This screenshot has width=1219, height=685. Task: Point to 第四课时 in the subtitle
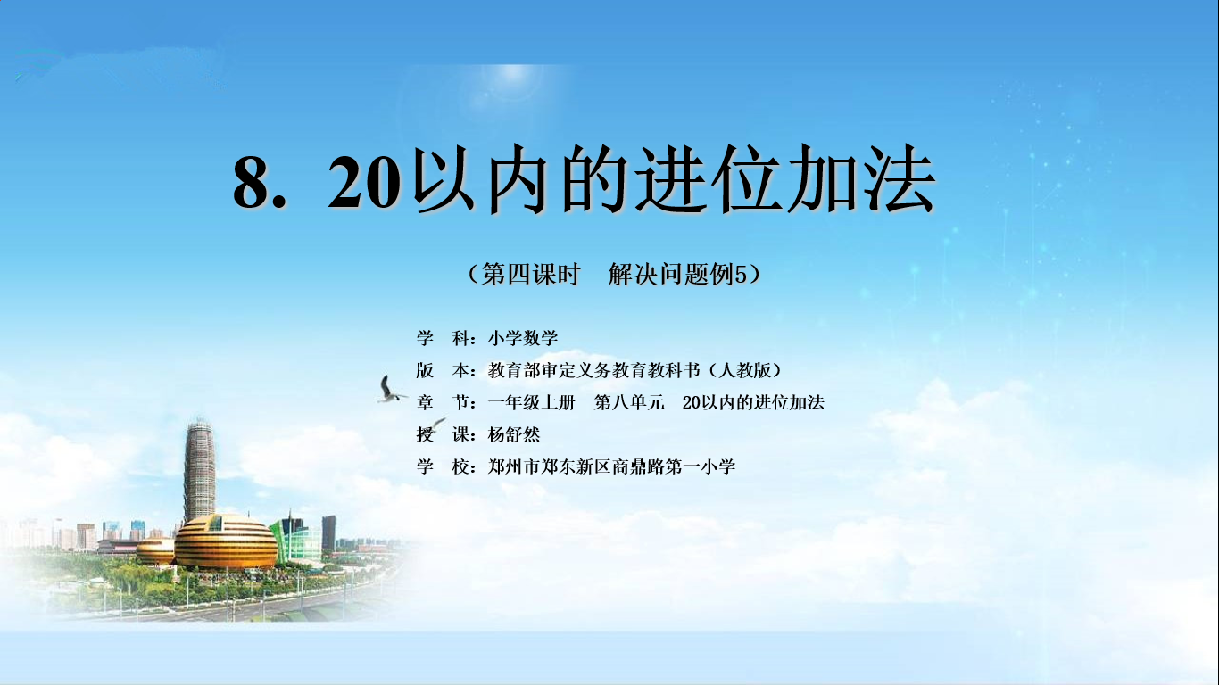tap(531, 274)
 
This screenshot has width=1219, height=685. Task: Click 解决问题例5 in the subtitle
tap(677, 274)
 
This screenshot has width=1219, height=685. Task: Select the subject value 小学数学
tap(523, 338)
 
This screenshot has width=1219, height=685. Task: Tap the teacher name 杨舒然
tap(514, 434)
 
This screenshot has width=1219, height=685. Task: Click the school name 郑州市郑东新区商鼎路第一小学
tap(611, 466)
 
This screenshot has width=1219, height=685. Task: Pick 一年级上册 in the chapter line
tap(532, 402)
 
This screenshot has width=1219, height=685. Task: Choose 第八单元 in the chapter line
tap(629, 402)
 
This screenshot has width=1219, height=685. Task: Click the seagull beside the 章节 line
tap(390, 390)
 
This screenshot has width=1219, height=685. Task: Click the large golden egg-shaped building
tap(225, 542)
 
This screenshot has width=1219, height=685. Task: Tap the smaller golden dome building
tap(155, 551)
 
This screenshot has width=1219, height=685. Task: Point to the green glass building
tap(296, 539)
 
